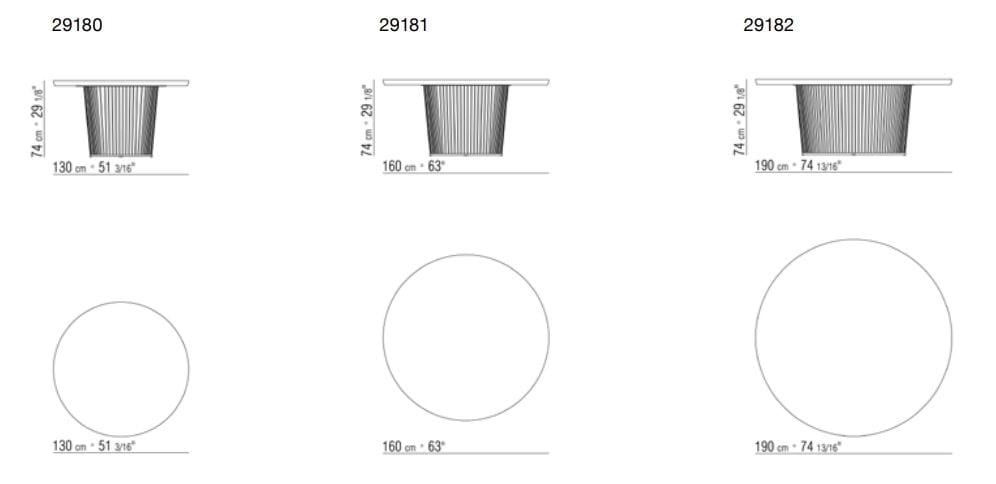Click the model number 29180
(x=76, y=26)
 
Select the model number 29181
(x=403, y=26)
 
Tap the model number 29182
(x=768, y=26)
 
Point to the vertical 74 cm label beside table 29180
(x=38, y=119)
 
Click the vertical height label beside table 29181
(x=368, y=119)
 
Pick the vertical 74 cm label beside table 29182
(x=740, y=119)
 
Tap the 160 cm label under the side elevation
(x=414, y=166)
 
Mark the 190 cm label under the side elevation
(x=798, y=166)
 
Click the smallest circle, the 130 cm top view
(x=121, y=368)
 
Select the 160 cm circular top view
(x=466, y=337)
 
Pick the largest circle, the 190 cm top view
(x=853, y=337)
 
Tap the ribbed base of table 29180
(x=121, y=121)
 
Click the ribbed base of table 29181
(x=466, y=121)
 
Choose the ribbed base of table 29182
(x=853, y=121)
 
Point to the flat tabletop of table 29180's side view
(x=121, y=82)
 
